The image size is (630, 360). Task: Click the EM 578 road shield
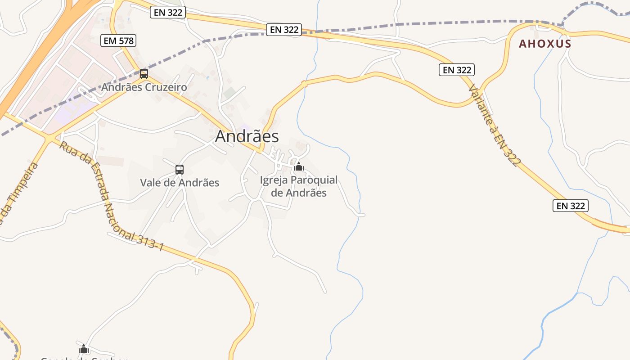pos(118,40)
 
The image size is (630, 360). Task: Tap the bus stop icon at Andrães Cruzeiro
pos(144,74)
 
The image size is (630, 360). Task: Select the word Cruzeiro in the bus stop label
pos(166,87)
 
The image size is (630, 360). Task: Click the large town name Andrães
pos(247,136)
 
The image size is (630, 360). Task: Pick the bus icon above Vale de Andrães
pos(179,170)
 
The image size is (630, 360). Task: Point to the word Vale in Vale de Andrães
pos(151,183)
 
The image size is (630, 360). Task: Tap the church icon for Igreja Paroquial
pos(298,167)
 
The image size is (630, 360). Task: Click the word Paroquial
pos(314,180)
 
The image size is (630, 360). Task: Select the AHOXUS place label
pos(545,44)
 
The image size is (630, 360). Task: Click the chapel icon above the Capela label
pos(84,349)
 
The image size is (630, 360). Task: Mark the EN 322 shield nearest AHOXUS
pos(457,70)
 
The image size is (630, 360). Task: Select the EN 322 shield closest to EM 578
pos(168,12)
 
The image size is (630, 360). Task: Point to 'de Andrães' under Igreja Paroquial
pos(299,193)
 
